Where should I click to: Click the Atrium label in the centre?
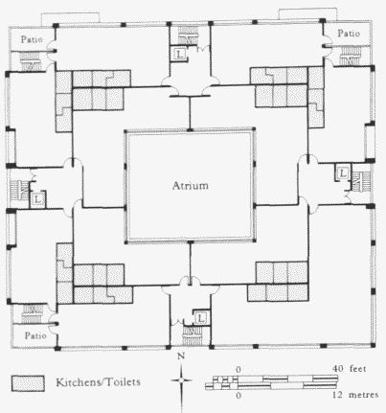tap(191, 186)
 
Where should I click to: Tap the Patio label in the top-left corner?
tap(32, 39)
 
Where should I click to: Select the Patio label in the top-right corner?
tap(349, 34)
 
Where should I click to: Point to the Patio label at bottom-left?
tap(35, 335)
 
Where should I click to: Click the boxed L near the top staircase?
tap(180, 54)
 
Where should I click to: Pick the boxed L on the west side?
tap(37, 200)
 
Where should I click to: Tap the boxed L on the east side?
tap(343, 173)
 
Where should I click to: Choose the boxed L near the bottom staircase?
tap(200, 318)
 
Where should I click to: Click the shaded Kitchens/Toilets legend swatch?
tap(28, 383)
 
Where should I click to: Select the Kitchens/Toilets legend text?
tap(98, 382)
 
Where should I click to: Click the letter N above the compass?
tap(181, 356)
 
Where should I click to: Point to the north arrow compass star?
tap(181, 380)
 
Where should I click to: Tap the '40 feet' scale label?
tap(349, 369)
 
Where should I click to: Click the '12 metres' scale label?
tap(355, 395)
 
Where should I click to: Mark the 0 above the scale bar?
tap(238, 370)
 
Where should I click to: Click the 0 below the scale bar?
tap(238, 396)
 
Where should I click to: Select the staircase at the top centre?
tap(188, 34)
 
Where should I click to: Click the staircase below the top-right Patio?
tap(350, 56)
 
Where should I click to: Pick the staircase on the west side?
tap(19, 191)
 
